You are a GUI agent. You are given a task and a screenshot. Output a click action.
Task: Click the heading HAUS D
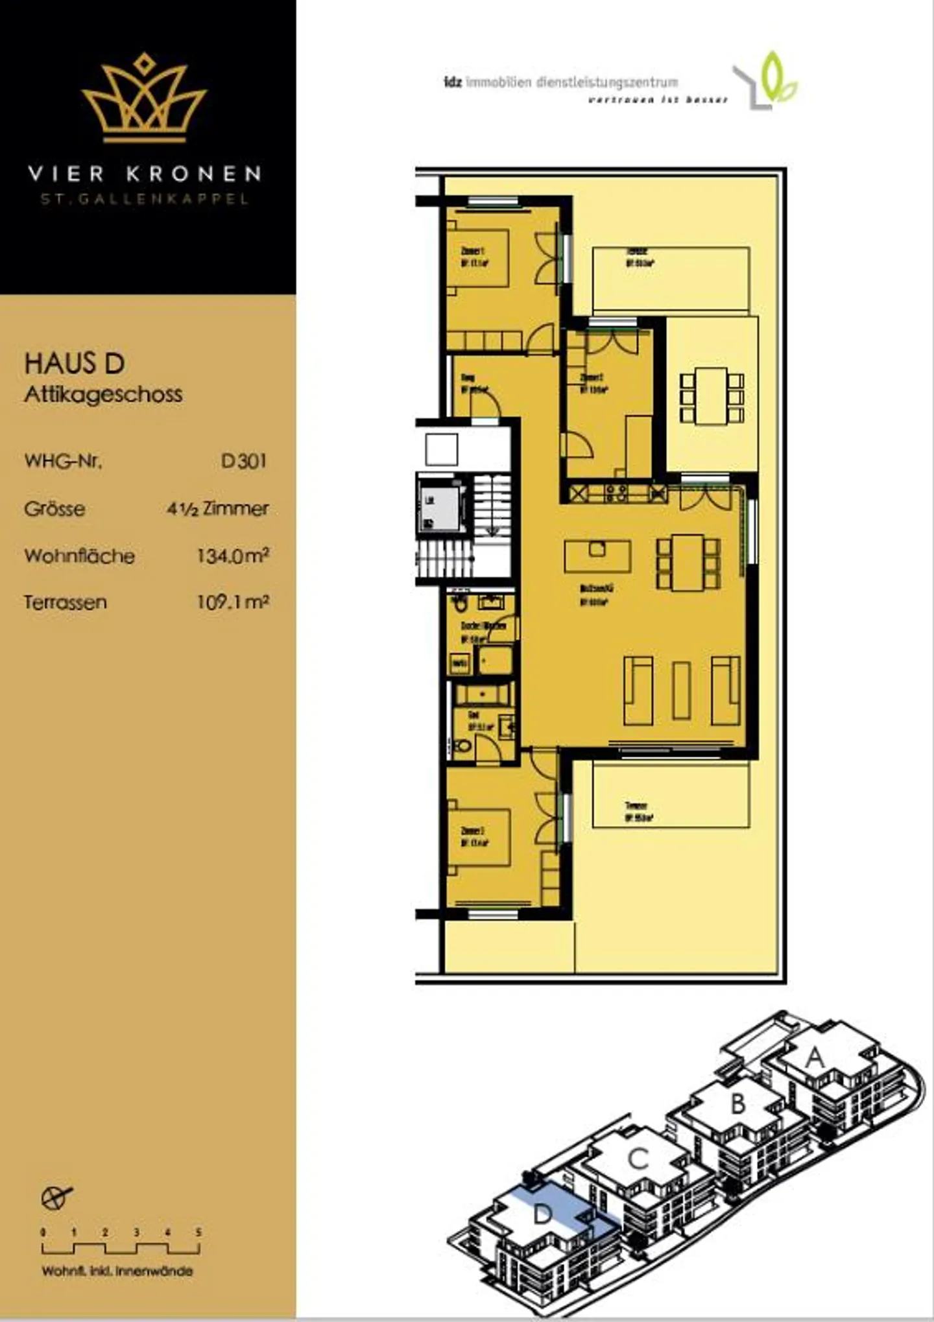click(75, 364)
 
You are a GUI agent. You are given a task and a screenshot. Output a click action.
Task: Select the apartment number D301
click(243, 461)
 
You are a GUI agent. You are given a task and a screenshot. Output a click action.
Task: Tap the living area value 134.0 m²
click(233, 556)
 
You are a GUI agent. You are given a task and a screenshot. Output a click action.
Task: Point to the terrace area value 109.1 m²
click(233, 602)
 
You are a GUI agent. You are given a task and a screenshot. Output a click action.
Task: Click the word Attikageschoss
click(103, 394)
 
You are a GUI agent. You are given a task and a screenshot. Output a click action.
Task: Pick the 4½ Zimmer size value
click(217, 508)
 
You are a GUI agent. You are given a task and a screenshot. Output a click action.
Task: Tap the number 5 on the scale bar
click(199, 1232)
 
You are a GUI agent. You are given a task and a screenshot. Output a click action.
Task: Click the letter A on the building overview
click(815, 1059)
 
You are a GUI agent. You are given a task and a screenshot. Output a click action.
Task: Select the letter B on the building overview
click(738, 1104)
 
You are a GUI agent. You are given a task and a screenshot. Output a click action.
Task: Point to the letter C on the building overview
click(638, 1159)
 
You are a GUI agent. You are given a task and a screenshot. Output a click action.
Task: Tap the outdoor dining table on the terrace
click(712, 396)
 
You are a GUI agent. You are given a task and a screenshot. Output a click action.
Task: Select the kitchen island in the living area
click(597, 556)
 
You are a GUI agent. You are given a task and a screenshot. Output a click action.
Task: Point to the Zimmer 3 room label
click(473, 836)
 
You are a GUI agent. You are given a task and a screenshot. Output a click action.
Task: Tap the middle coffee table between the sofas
click(681, 690)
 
